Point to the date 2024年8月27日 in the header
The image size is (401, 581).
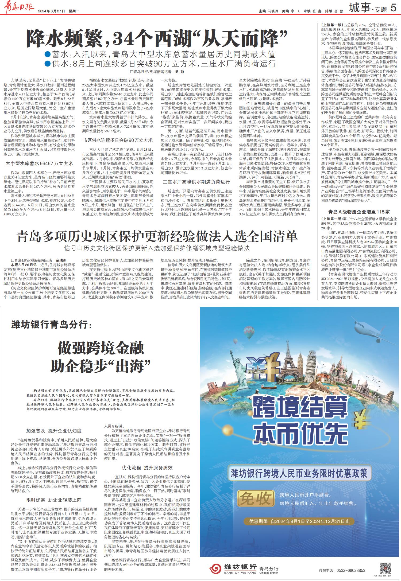point(52,11)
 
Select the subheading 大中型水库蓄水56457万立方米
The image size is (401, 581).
point(39,163)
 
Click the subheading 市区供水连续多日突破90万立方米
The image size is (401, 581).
point(118,140)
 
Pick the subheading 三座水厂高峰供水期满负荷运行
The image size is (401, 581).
point(196,182)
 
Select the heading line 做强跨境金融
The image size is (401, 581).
point(101,348)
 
